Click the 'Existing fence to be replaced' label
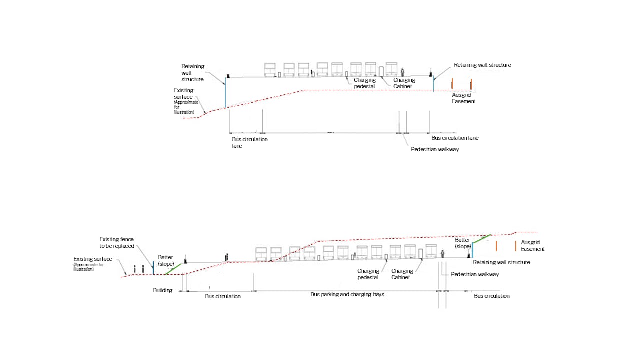(x=117, y=243)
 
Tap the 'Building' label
(x=163, y=290)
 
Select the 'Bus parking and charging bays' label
(x=347, y=294)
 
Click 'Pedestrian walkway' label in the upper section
(x=435, y=149)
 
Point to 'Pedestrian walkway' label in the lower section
(x=475, y=274)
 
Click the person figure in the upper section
(x=402, y=72)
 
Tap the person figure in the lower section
(x=442, y=253)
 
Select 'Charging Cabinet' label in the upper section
(x=404, y=83)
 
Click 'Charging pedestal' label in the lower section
(x=368, y=274)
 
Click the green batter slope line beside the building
(x=173, y=269)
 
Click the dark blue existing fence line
(x=153, y=267)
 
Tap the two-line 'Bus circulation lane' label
(x=250, y=142)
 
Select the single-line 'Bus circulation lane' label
(x=455, y=138)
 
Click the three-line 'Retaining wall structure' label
(x=193, y=73)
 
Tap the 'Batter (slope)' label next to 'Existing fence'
(x=165, y=260)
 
